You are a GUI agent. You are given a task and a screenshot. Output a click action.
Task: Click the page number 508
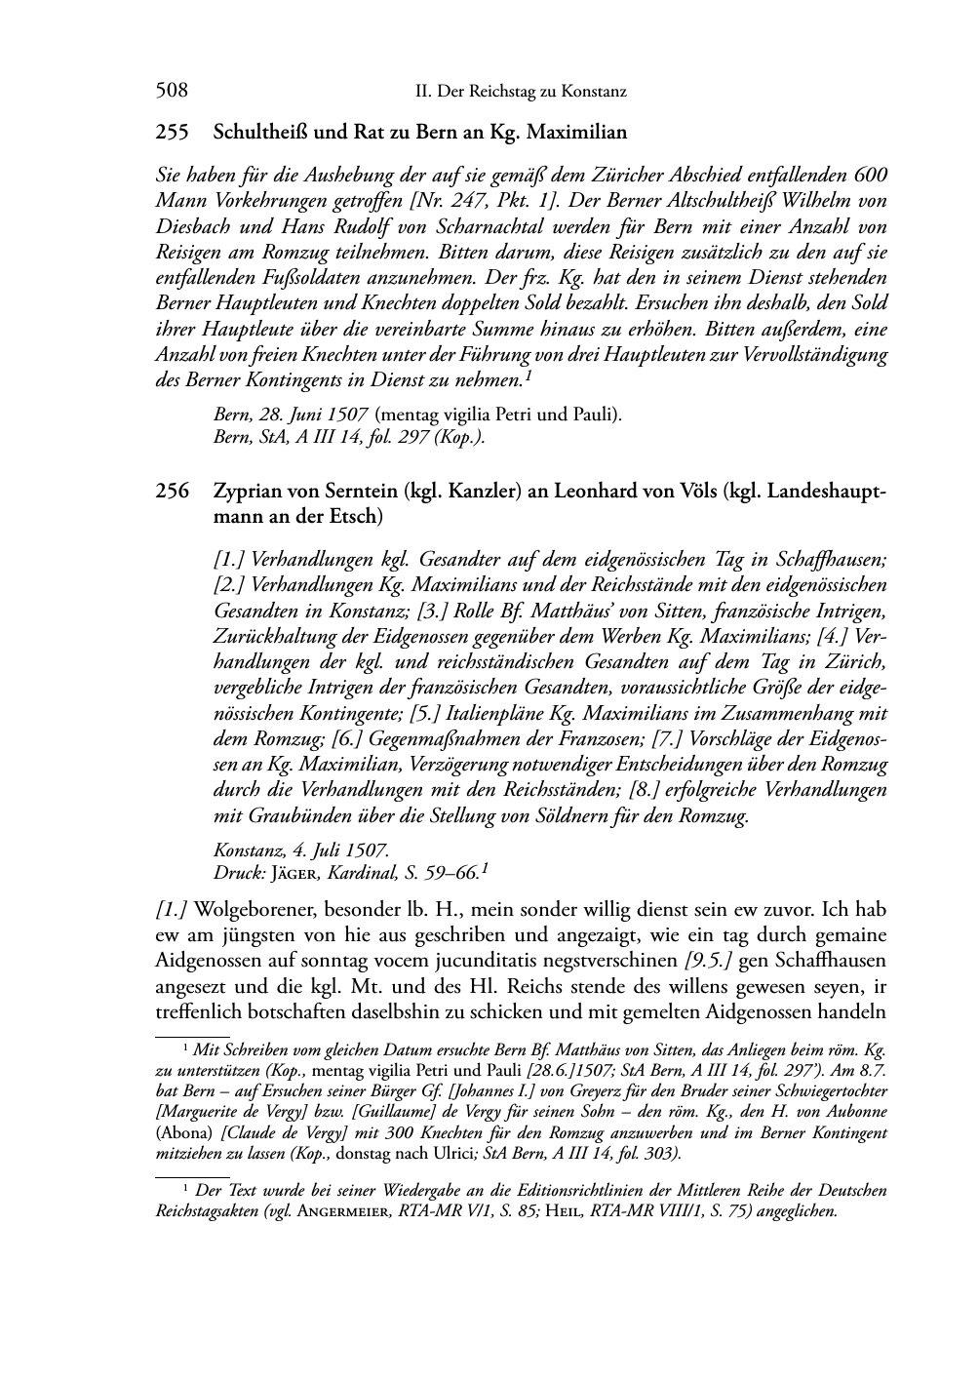coord(172,92)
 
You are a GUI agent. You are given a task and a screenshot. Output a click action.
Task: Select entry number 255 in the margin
coord(172,132)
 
